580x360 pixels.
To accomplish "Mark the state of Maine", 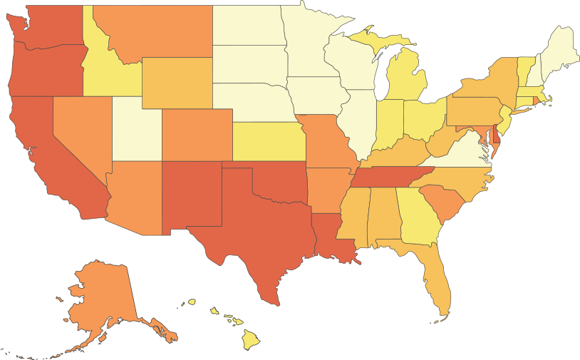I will (559, 50).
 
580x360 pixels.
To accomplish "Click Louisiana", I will (328, 235).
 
